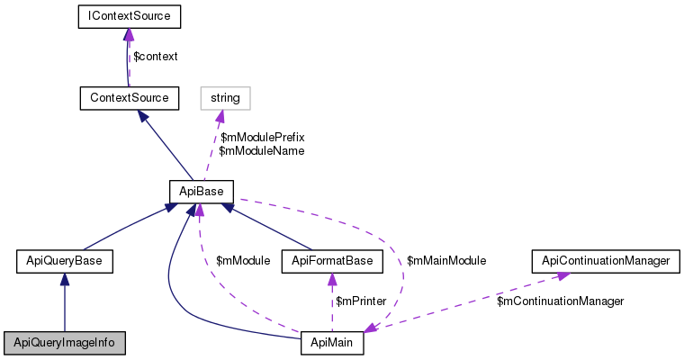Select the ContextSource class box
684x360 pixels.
coord(129,95)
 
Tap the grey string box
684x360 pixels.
coord(224,95)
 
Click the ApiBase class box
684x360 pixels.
coord(202,191)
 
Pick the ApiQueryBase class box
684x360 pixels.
coord(65,262)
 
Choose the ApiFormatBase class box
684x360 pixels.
coord(333,262)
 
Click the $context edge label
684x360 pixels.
coord(155,56)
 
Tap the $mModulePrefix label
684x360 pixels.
coord(262,137)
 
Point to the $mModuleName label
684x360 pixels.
coord(261,151)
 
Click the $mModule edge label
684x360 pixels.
coord(243,261)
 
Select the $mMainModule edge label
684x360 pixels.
coord(446,261)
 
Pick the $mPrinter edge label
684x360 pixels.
coord(361,301)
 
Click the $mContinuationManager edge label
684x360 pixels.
coord(560,301)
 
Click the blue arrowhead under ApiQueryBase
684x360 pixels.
coord(65,280)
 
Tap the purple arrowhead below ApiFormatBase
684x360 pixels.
coord(333,280)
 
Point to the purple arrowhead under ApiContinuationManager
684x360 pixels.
coord(561,276)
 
